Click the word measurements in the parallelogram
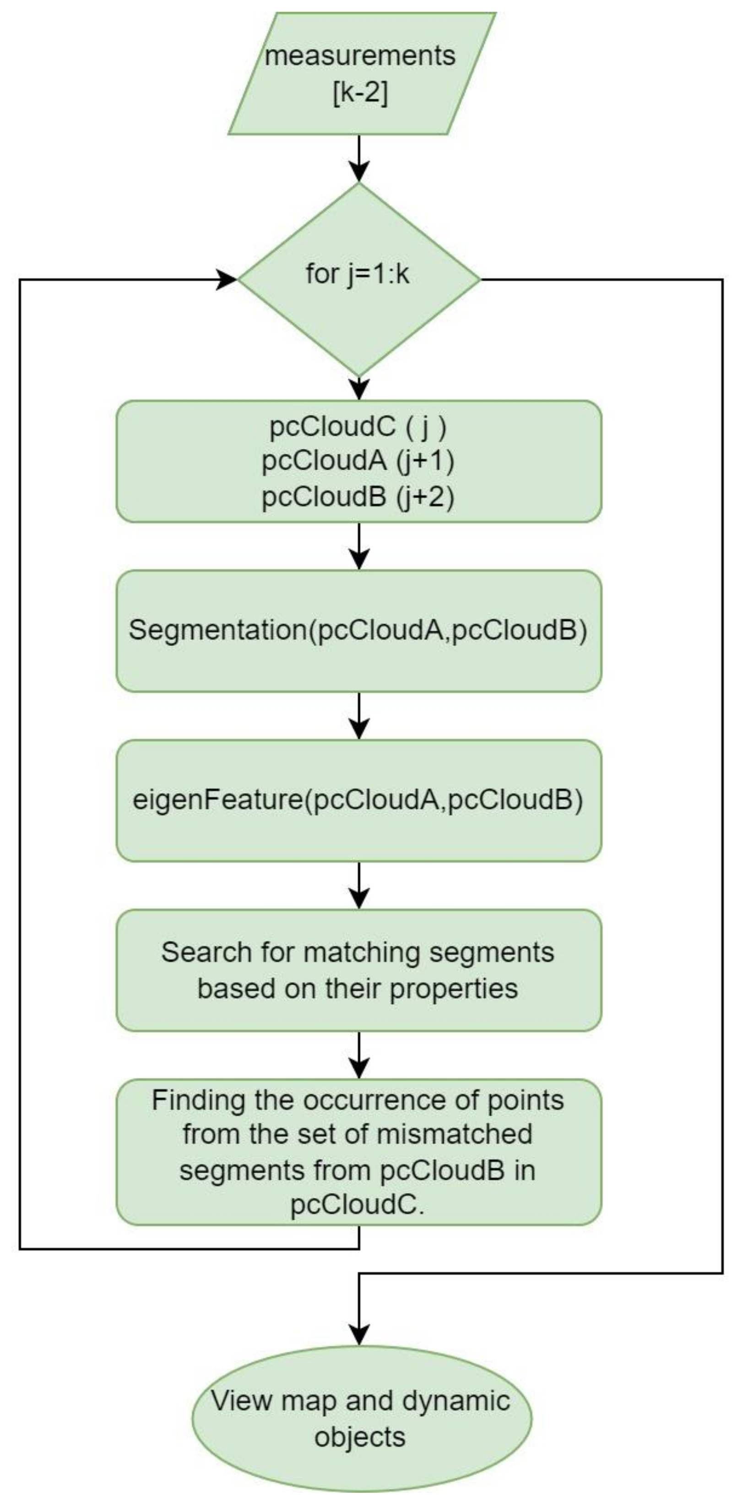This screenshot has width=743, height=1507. (360, 56)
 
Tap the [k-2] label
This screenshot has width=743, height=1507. (360, 93)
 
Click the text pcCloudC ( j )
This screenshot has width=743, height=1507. (358, 427)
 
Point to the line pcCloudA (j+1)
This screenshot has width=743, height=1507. (358, 462)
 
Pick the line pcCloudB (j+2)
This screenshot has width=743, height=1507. (358, 497)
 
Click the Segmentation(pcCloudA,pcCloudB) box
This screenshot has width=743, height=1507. (358, 631)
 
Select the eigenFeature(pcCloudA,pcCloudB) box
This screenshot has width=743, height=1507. (358, 800)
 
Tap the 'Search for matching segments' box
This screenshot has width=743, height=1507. (358, 970)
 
